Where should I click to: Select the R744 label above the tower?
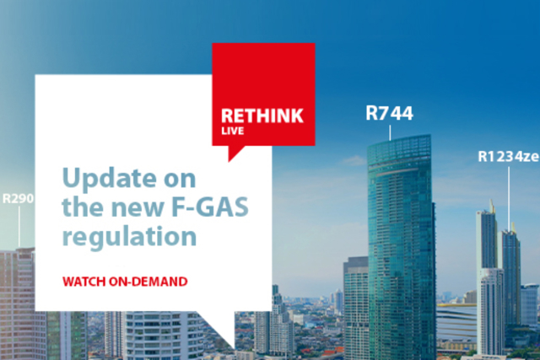390,112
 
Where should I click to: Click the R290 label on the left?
18,200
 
